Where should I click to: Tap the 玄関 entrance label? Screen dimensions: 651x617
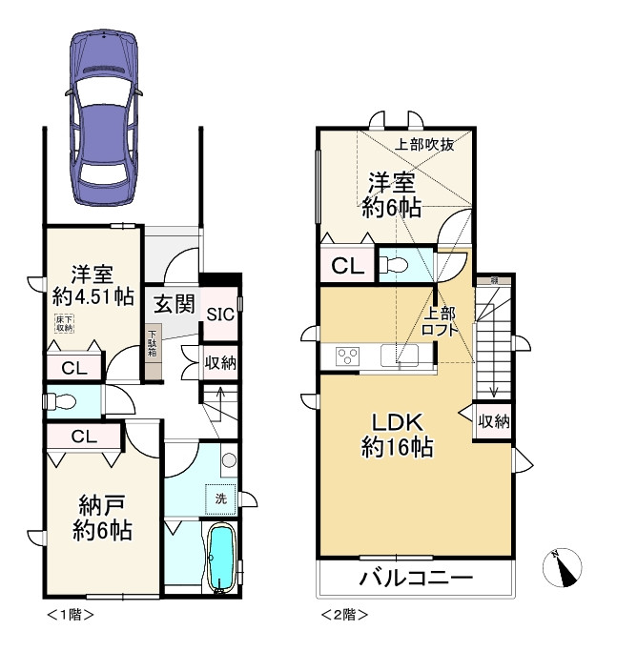click(175, 306)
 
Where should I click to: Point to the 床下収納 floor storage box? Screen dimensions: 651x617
click(64, 324)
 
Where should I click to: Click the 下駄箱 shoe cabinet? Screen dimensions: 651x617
click(153, 342)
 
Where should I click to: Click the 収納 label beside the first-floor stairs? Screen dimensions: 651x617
click(220, 362)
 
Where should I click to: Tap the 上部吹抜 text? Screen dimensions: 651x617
click(424, 146)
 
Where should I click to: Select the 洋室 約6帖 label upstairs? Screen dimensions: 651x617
click(391, 195)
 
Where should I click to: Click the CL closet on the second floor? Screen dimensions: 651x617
click(346, 266)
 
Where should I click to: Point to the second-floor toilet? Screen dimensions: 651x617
click(400, 265)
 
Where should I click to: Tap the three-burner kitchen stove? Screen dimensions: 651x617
click(347, 356)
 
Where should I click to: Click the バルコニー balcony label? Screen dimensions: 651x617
click(416, 578)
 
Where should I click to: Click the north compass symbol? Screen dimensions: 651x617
click(564, 569)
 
